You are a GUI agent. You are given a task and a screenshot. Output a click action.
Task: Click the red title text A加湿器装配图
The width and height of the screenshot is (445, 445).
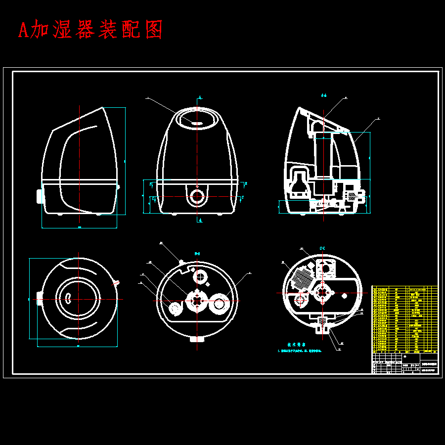[x=90, y=30]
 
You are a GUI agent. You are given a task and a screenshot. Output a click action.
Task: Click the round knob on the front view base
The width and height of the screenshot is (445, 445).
[x=198, y=196]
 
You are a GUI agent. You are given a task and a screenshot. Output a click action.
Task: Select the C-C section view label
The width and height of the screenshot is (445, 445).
[x=322, y=247]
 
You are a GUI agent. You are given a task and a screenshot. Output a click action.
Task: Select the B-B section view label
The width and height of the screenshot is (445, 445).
[x=197, y=253]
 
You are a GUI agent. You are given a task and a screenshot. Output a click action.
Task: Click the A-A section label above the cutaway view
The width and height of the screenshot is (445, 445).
[x=324, y=94]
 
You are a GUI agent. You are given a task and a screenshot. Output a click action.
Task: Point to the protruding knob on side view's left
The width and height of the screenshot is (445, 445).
[x=40, y=196]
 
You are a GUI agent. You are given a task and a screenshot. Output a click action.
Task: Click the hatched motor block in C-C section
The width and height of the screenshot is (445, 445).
[x=300, y=280]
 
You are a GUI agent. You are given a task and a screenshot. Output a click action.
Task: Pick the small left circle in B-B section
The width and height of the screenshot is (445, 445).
[x=176, y=309]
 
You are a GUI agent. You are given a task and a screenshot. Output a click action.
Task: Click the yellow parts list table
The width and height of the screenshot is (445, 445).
[x=404, y=319]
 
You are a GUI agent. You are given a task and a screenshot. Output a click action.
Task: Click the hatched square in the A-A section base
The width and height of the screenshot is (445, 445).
[x=353, y=196]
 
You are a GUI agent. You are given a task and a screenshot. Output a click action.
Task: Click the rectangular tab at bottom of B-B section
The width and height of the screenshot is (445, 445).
[x=196, y=339]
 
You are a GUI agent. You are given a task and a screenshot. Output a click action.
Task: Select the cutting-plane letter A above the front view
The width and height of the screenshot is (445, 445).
[x=200, y=97]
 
